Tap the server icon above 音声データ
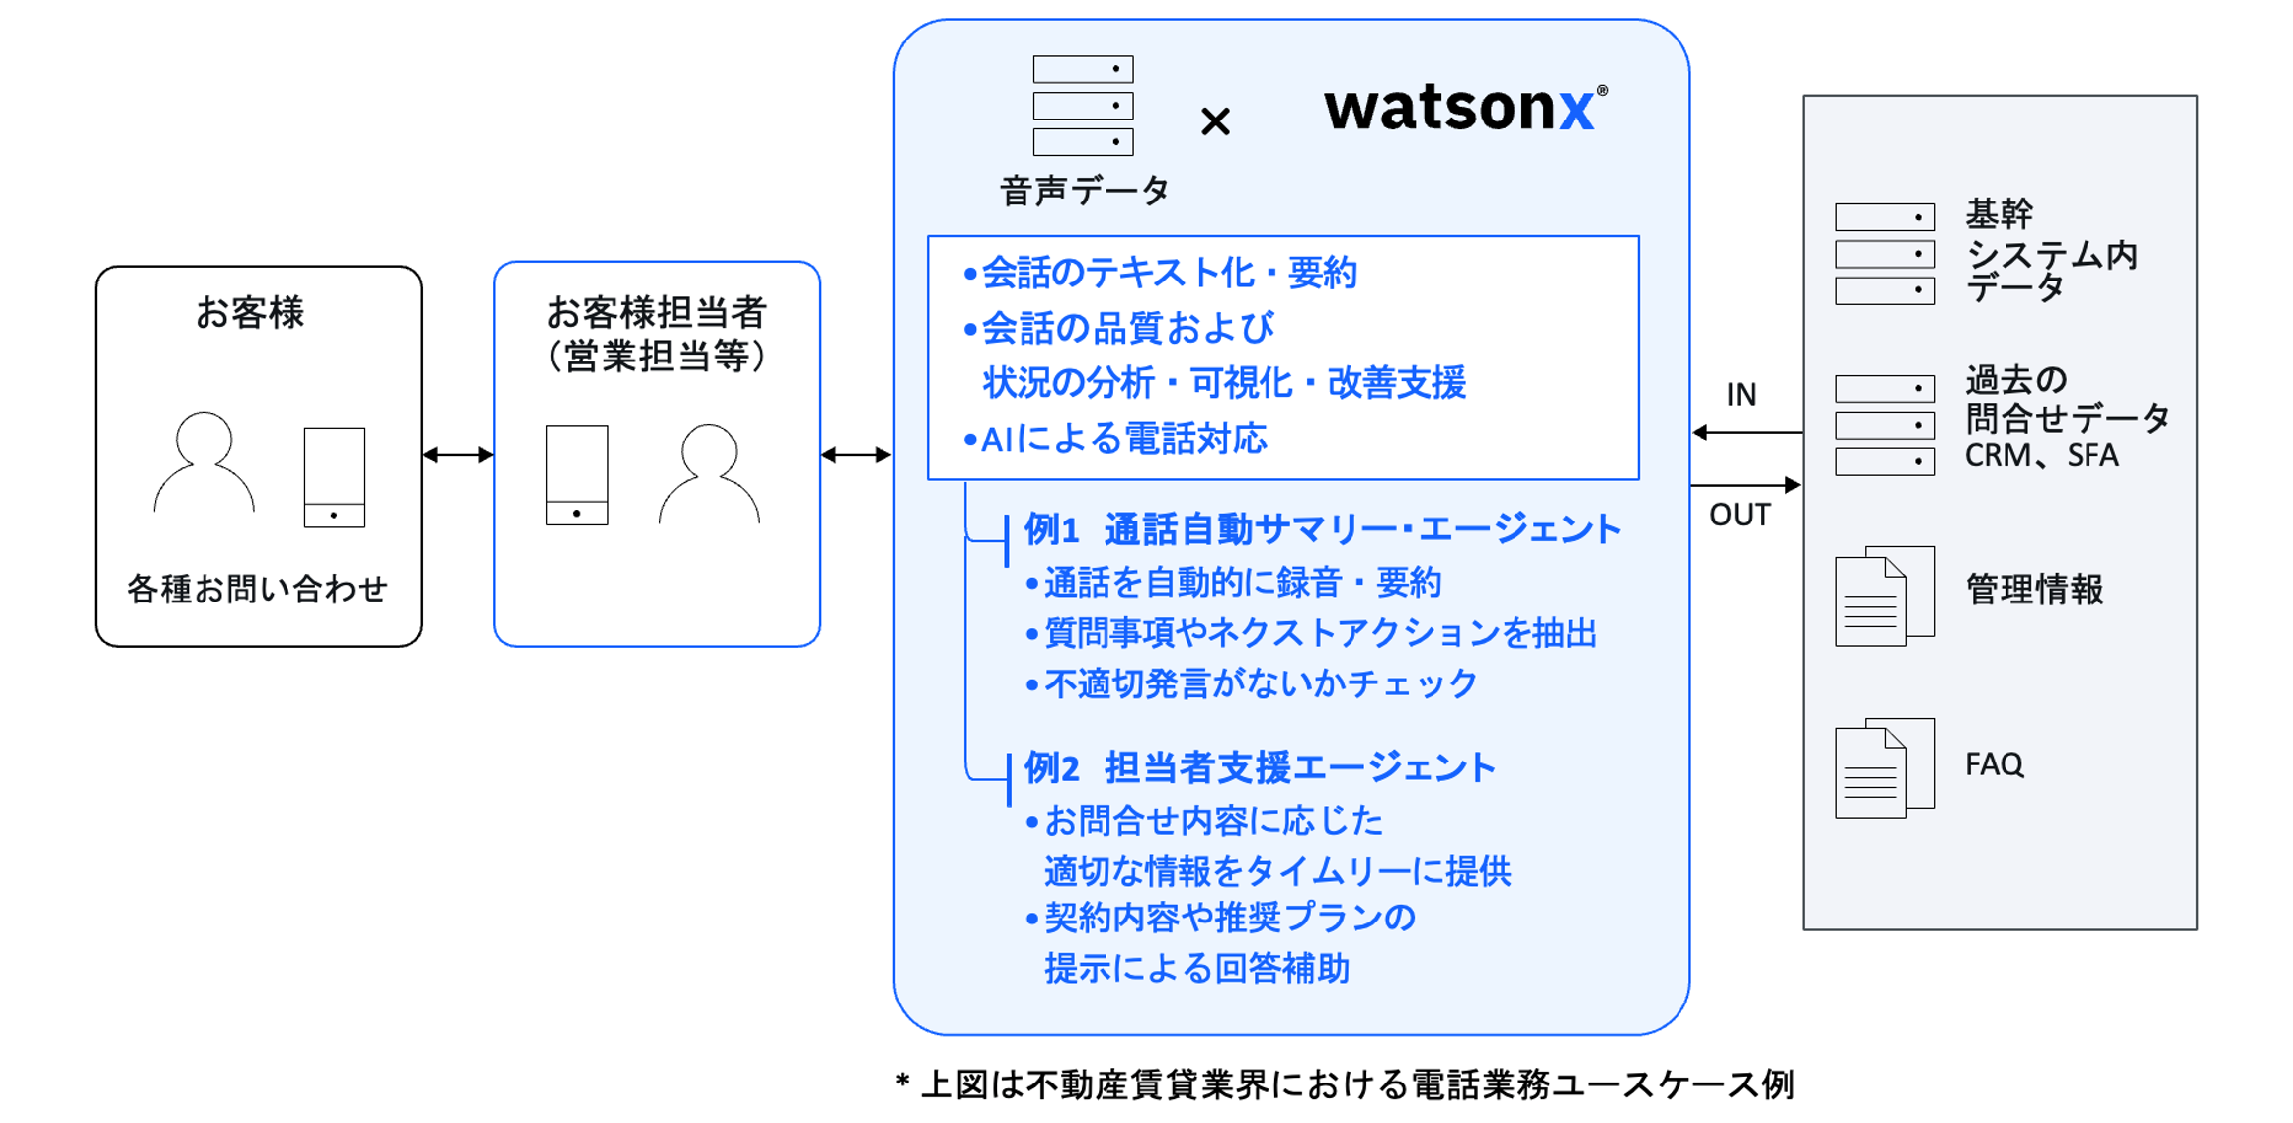(1083, 106)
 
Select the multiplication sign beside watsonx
(1215, 121)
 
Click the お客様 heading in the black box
(250, 312)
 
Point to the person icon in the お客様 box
(205, 462)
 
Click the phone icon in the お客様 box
(334, 477)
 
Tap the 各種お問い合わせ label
(258, 589)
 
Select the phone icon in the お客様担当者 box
(577, 475)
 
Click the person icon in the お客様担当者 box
(709, 473)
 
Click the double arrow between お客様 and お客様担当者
(457, 455)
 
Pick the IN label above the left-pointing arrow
(1741, 395)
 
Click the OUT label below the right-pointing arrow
(1740, 515)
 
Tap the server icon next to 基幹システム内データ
(1884, 254)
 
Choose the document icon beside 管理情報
(1884, 596)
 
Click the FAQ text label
(1994, 764)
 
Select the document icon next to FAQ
(1884, 767)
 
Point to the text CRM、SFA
(2041, 456)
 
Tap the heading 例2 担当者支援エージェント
(1260, 767)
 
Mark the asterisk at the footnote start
(902, 1083)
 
